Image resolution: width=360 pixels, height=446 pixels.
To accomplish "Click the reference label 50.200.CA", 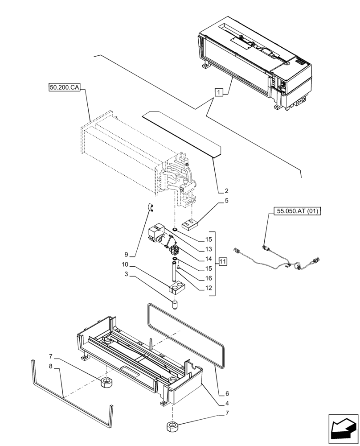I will click(64, 88).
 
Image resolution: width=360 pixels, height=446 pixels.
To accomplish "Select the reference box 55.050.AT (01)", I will click(295, 211).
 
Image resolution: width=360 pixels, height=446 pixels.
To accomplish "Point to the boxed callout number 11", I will click(222, 261).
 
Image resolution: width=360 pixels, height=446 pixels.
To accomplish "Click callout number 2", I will click(226, 190).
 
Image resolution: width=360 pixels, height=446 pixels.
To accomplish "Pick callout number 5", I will click(226, 201).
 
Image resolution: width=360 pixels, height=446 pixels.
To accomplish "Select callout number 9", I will click(126, 255).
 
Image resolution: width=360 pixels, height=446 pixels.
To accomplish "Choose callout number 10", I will click(127, 264).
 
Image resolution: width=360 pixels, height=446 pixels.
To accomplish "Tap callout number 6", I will click(226, 394).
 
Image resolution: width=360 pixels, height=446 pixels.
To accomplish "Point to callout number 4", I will click(226, 404).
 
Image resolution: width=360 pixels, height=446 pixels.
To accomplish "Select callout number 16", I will click(208, 278).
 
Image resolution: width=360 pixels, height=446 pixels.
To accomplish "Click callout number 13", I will click(208, 249).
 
